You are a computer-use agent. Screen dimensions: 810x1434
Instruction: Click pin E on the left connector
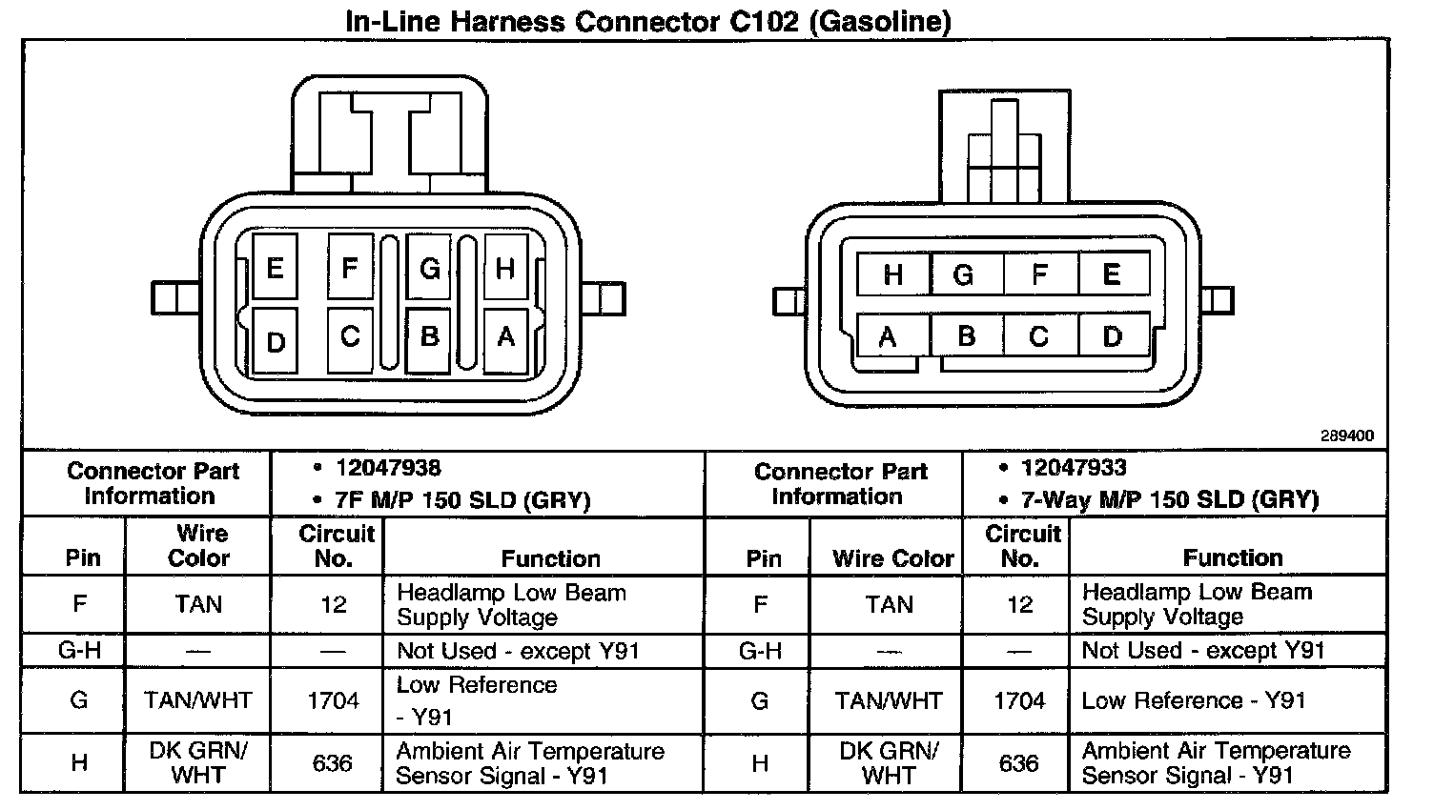275,268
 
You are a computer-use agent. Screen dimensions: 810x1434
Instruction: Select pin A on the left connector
505,337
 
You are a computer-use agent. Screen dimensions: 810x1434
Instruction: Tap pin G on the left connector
429,269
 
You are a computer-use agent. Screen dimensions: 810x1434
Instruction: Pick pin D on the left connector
276,341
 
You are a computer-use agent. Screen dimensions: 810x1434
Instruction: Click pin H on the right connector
892,275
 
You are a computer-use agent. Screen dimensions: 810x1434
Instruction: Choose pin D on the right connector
1112,336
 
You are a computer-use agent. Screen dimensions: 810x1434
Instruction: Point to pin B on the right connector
966,336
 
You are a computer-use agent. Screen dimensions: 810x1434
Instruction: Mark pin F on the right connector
1039,275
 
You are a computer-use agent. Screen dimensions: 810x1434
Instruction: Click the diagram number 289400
1346,435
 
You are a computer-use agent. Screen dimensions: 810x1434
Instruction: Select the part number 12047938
388,468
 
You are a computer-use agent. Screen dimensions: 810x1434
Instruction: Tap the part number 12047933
1073,468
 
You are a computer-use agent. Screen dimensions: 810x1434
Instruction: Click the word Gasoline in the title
880,21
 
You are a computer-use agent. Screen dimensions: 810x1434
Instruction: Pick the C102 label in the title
765,21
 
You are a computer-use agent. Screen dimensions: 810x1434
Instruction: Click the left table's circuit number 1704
333,701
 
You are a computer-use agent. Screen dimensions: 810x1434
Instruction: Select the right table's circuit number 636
1018,763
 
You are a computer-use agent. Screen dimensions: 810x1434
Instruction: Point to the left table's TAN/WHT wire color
198,701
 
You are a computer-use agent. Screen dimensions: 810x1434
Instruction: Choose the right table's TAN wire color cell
889,604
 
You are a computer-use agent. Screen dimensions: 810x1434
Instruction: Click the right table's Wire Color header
892,558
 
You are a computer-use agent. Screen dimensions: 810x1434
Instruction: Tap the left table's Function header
550,558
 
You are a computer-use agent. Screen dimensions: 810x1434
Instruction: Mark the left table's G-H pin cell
79,652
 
